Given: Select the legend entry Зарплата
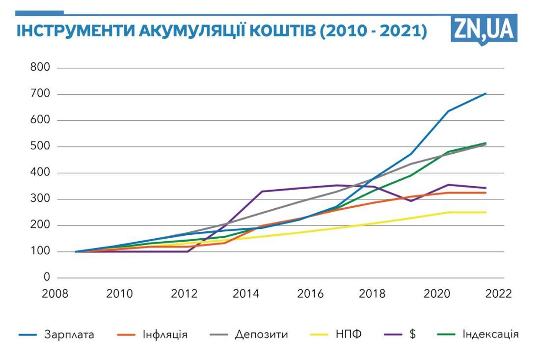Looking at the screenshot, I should point(69,335).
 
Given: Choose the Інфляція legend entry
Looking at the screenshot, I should point(166,335).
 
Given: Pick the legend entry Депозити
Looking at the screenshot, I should point(261,335).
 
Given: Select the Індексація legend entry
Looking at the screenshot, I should point(490,335).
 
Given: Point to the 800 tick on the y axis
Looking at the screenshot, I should point(40,67).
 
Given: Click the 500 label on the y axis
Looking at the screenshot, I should point(40,146).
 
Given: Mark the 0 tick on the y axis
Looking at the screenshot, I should point(47,278).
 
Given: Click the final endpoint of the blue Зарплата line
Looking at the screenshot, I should point(486,93).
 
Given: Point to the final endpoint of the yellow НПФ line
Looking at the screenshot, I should point(486,212).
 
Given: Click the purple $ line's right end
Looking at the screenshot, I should point(486,188).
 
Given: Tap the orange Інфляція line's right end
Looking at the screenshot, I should point(486,193).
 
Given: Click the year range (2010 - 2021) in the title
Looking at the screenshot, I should point(373,31).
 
